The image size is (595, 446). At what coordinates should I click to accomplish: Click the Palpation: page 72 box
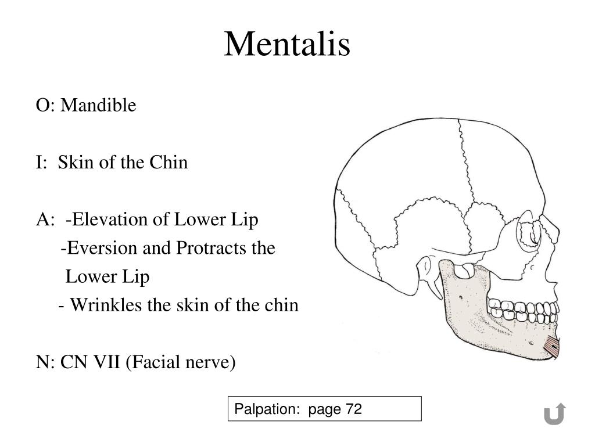pos(324,409)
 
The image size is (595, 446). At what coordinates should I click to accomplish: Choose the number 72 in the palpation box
pos(353,409)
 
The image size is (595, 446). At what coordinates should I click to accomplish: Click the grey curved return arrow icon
pos(554,413)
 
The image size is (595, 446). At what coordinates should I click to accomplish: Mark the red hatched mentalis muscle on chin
pos(553,347)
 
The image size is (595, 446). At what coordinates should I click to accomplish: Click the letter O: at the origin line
pos(45,106)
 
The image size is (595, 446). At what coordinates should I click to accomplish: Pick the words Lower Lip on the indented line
pos(107,277)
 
